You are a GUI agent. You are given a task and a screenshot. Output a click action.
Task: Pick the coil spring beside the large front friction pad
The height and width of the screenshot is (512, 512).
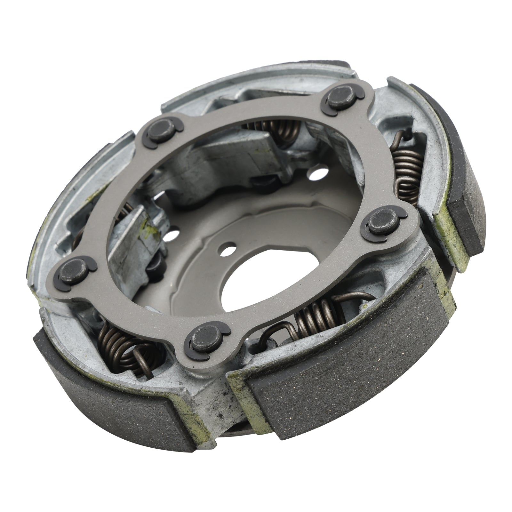tap(315, 315)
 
